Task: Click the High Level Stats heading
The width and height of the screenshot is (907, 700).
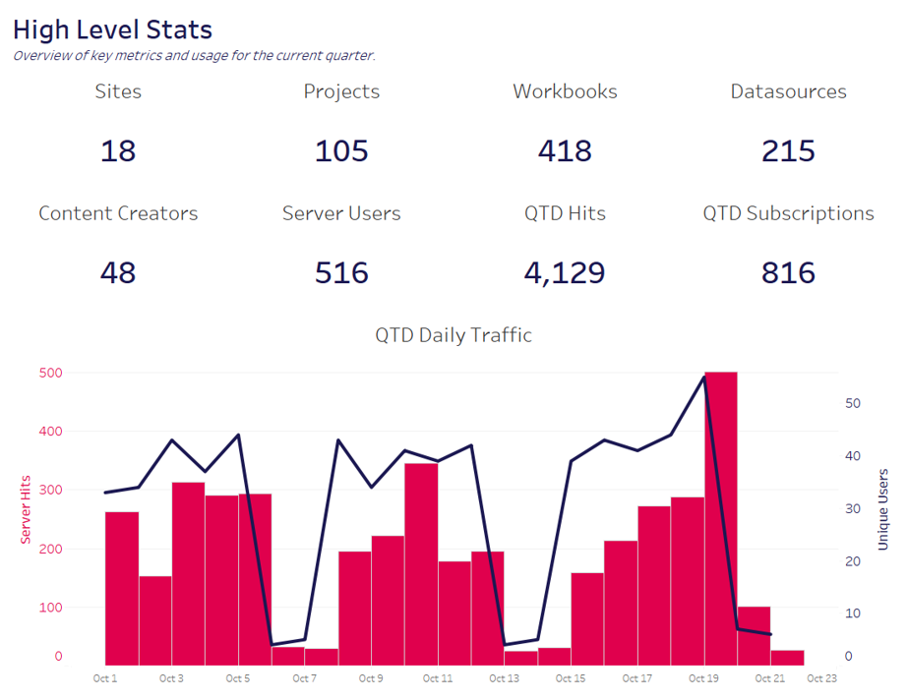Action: click(x=112, y=29)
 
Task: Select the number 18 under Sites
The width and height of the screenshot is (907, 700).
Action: click(x=118, y=151)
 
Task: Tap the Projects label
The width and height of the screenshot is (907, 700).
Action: click(x=341, y=91)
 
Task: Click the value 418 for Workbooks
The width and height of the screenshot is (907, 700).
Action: click(x=565, y=151)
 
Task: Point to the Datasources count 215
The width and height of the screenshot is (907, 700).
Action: click(x=788, y=151)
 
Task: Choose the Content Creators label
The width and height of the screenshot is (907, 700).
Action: click(x=118, y=213)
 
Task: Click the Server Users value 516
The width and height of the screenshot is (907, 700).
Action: click(x=341, y=272)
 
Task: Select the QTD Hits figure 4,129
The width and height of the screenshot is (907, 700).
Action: click(x=565, y=272)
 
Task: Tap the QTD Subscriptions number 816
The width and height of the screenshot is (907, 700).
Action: click(x=788, y=272)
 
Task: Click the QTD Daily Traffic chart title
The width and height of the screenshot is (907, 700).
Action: click(x=453, y=335)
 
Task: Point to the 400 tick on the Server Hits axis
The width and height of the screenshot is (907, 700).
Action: click(x=50, y=431)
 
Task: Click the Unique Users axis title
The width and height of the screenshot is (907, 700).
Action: click(x=882, y=509)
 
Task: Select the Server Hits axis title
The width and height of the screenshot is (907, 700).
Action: click(x=26, y=509)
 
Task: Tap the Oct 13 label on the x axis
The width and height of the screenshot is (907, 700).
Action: click(x=504, y=678)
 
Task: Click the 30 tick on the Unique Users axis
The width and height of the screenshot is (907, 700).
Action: click(x=852, y=508)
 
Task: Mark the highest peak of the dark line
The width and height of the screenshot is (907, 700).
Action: click(x=704, y=376)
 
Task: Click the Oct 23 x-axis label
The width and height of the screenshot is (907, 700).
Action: click(x=821, y=678)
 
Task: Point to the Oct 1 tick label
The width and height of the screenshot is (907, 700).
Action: click(x=104, y=678)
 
